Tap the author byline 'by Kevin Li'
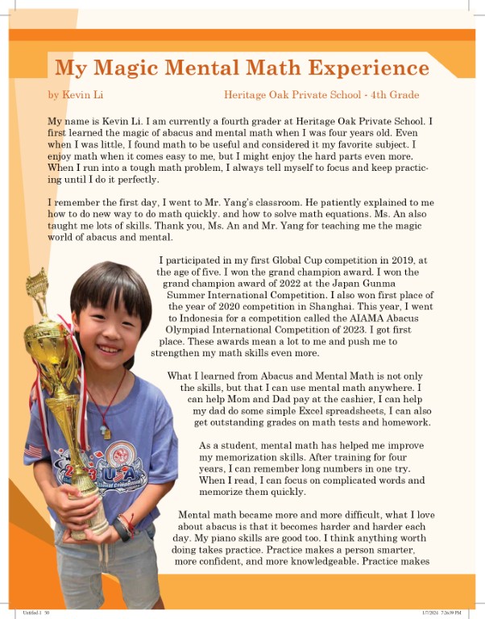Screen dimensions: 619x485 coord(76,95)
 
